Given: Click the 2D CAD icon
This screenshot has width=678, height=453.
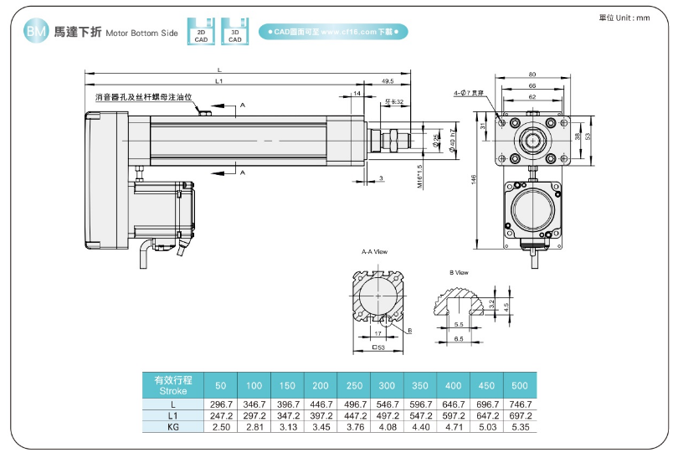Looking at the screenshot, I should tap(201, 31).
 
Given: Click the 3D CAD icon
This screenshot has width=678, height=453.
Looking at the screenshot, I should tap(235, 31).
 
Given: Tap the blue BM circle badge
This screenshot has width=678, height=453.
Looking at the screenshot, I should tap(36, 32).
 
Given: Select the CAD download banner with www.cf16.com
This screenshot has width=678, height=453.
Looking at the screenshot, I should tap(332, 32).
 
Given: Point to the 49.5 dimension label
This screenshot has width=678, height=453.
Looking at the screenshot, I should tap(388, 81).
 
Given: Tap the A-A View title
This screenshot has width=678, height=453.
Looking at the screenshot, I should tap(373, 251).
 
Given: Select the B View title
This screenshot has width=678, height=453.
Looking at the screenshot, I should tap(459, 272).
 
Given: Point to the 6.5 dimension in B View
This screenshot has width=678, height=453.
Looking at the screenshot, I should tap(459, 340).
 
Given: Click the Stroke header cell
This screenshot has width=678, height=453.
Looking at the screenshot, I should tap(172, 384).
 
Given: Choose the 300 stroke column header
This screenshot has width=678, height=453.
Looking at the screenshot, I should tap(387, 385).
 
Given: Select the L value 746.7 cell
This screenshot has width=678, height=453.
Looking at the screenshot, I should tap(519, 404).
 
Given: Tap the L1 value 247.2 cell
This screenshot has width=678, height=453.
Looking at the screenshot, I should tap(221, 414).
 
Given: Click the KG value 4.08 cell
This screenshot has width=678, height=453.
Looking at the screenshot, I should tap(387, 426).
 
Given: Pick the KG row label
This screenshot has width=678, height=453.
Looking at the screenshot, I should tap(172, 426).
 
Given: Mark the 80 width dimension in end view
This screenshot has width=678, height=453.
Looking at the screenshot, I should tap(532, 75).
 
